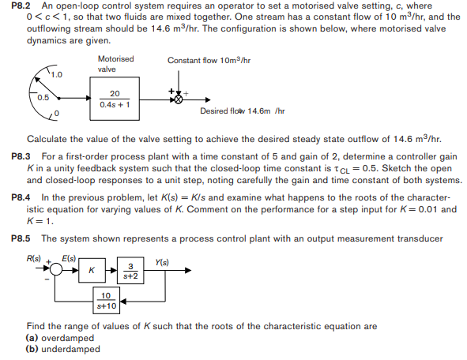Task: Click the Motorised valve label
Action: pyautogui.click(x=116, y=64)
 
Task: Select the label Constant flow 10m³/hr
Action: pyautogui.click(x=209, y=60)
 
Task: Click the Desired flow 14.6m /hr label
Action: pyautogui.click(x=242, y=111)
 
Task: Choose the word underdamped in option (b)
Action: pyautogui.click(x=66, y=349)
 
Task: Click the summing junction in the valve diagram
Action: pyautogui.click(x=179, y=99)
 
